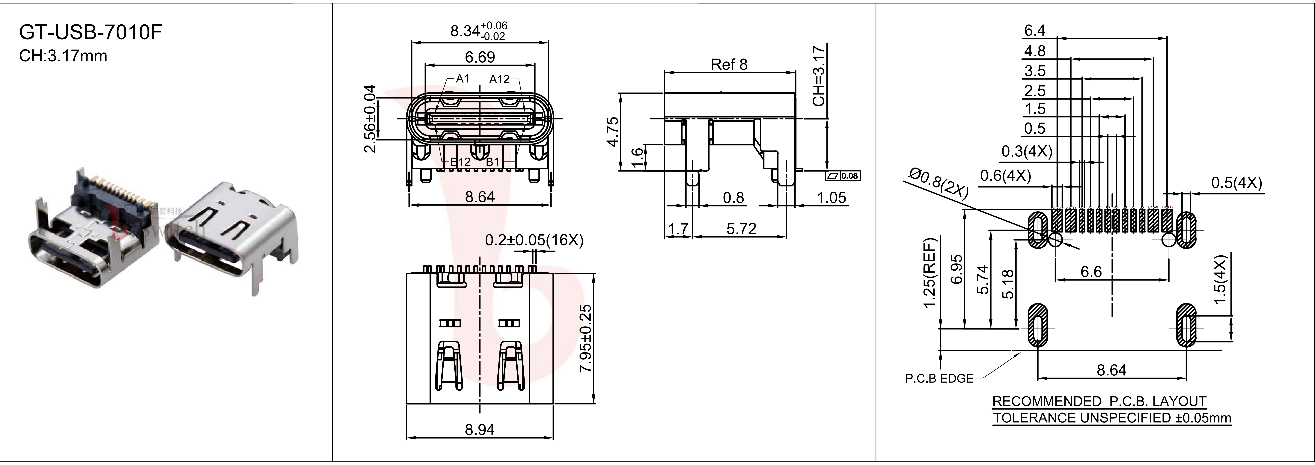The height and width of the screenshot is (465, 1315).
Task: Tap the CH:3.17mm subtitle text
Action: [63, 56]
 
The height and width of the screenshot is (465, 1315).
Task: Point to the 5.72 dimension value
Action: [741, 229]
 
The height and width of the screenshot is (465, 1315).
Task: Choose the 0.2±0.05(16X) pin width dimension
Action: [534, 240]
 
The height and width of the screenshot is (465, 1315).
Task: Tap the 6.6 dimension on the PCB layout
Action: [1091, 271]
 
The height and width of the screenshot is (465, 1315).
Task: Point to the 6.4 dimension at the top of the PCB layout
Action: [1035, 31]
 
